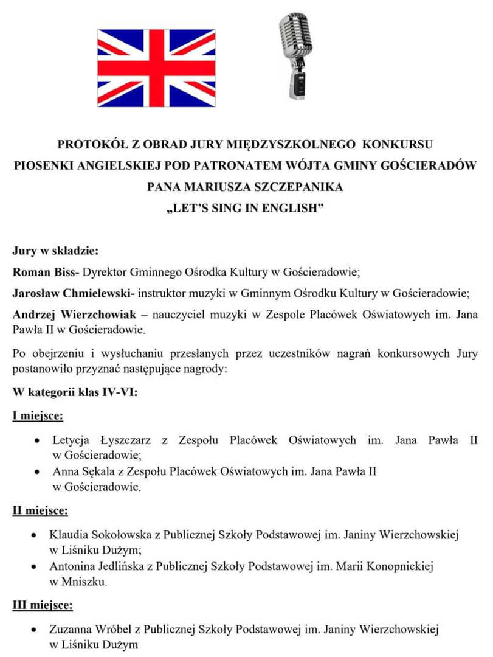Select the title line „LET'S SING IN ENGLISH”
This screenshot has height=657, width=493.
pyautogui.click(x=246, y=208)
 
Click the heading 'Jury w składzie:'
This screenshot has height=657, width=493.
pyautogui.click(x=55, y=250)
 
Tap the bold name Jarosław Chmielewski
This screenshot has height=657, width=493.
pyautogui.click(x=72, y=293)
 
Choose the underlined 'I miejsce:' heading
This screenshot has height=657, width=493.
pyautogui.click(x=38, y=416)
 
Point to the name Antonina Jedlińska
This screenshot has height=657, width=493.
pyautogui.click(x=101, y=566)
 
